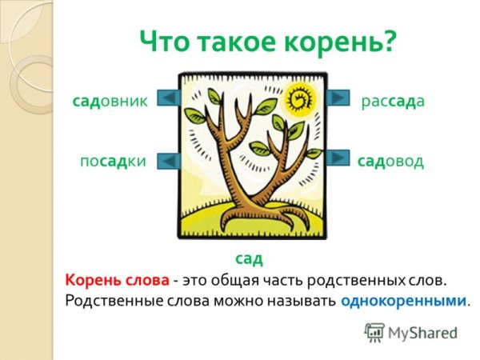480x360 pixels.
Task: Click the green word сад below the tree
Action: click(x=249, y=258)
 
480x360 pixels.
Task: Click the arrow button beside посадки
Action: click(x=168, y=160)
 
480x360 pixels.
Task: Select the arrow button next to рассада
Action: click(x=339, y=97)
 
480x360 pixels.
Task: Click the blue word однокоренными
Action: click(x=402, y=302)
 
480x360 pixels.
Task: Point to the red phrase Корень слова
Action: click(x=117, y=280)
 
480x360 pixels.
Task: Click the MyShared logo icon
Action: click(x=374, y=331)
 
